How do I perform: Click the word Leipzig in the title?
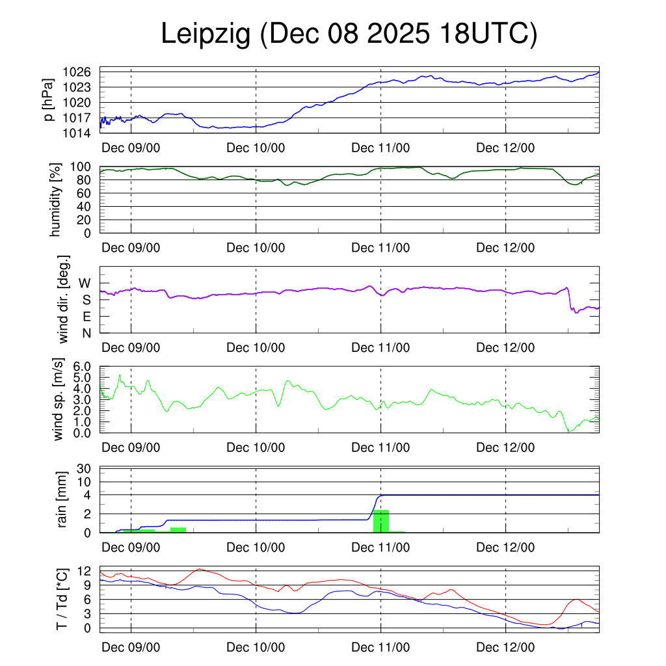(206, 35)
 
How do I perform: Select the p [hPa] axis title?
(49, 102)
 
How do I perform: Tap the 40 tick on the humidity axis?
(88, 207)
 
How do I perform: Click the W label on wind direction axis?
(85, 283)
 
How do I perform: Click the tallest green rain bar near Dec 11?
(381, 521)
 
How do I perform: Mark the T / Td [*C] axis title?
(62, 599)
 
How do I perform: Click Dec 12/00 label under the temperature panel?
(505, 648)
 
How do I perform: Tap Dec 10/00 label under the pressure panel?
(256, 148)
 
